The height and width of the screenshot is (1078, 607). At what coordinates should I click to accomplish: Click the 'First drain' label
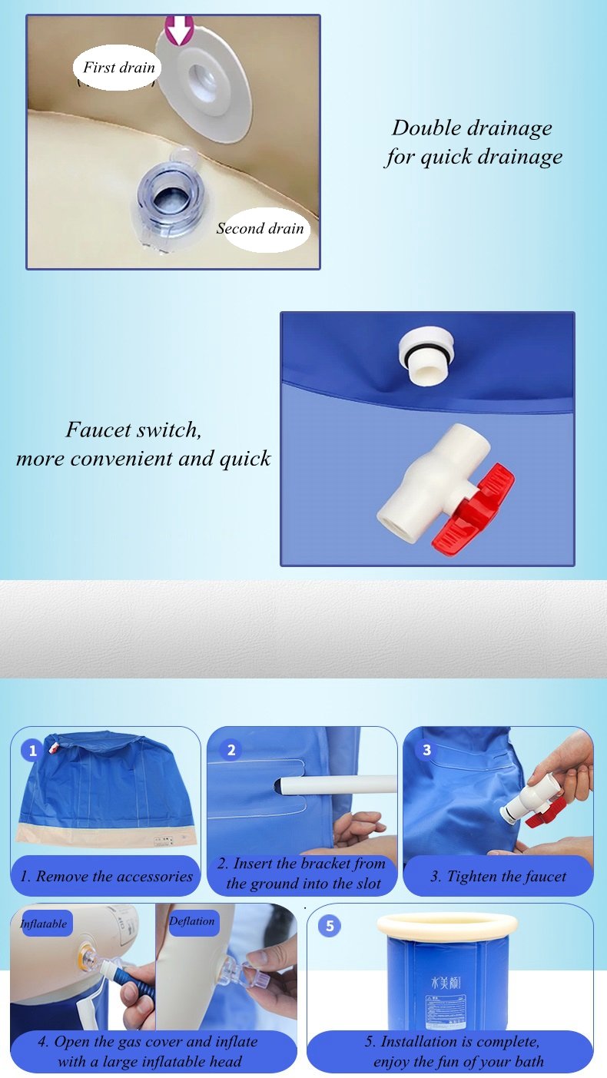(x=119, y=68)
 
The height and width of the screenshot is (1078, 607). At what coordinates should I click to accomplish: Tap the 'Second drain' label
(x=260, y=228)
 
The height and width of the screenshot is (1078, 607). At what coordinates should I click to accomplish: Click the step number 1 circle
(x=33, y=750)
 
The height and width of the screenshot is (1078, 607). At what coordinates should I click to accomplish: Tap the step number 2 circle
(x=231, y=750)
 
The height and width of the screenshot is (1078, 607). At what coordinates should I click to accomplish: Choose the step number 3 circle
(x=426, y=750)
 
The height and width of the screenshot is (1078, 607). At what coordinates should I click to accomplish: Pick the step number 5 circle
(x=330, y=925)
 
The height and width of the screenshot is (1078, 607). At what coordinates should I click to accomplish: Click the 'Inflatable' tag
(x=44, y=924)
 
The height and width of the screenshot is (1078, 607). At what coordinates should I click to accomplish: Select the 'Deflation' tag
(x=191, y=921)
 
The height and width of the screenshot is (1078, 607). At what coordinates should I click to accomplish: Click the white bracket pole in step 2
(x=337, y=786)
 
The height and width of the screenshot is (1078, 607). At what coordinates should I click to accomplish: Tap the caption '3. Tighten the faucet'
(x=498, y=876)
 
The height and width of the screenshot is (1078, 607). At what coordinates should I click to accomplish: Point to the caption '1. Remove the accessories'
(x=106, y=876)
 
